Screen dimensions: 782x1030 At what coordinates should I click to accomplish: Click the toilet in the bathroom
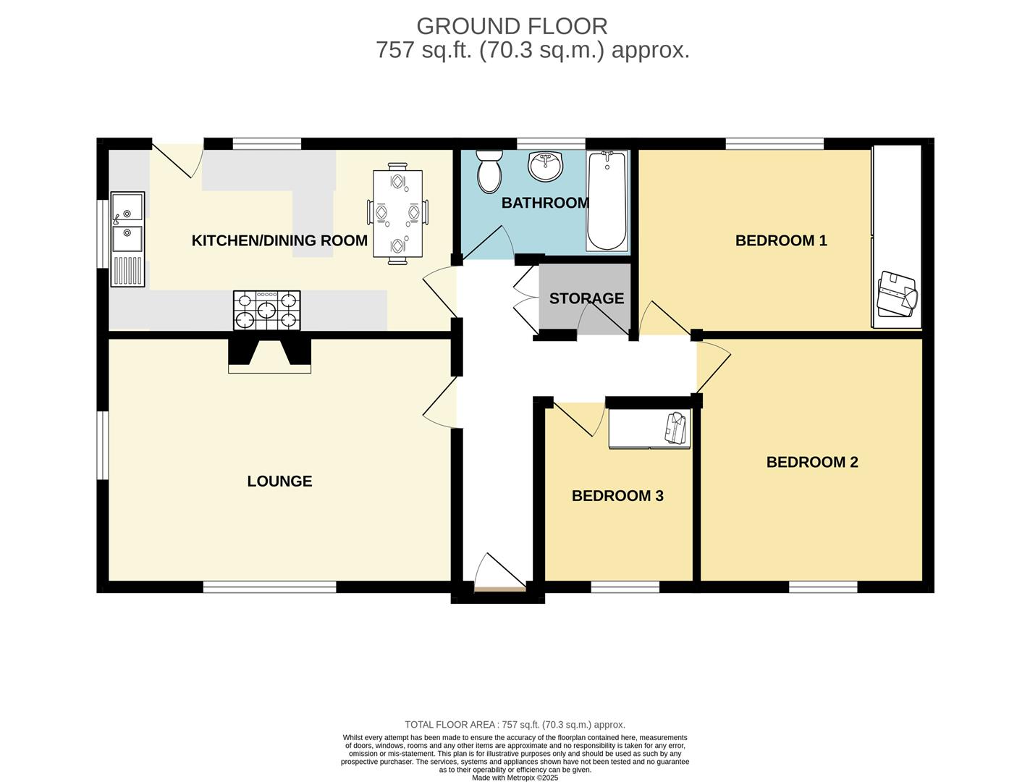coord(490,172)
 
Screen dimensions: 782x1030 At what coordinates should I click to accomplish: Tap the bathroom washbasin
coord(544,166)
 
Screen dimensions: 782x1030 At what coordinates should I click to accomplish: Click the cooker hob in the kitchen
coord(266,310)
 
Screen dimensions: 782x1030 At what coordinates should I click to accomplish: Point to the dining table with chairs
coord(397,214)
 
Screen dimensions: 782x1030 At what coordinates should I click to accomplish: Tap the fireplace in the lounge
coord(269,354)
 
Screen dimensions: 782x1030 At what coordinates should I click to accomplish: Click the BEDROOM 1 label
coord(781,240)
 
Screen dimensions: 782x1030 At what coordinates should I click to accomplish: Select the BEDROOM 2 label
coord(812,462)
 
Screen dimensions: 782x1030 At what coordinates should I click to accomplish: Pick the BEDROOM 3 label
coord(617,496)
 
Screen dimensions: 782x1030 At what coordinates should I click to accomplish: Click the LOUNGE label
coord(279,482)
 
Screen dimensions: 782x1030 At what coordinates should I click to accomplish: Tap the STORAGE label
coord(586,298)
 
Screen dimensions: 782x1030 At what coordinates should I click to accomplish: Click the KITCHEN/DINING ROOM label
coord(279,240)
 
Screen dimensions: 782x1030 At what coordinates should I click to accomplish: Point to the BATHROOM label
coord(545,203)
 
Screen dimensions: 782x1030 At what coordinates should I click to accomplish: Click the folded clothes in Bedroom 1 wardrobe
coord(897,295)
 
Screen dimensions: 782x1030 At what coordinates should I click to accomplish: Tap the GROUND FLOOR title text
coord(512,26)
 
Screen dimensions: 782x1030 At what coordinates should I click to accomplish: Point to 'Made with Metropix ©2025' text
coord(515,778)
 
